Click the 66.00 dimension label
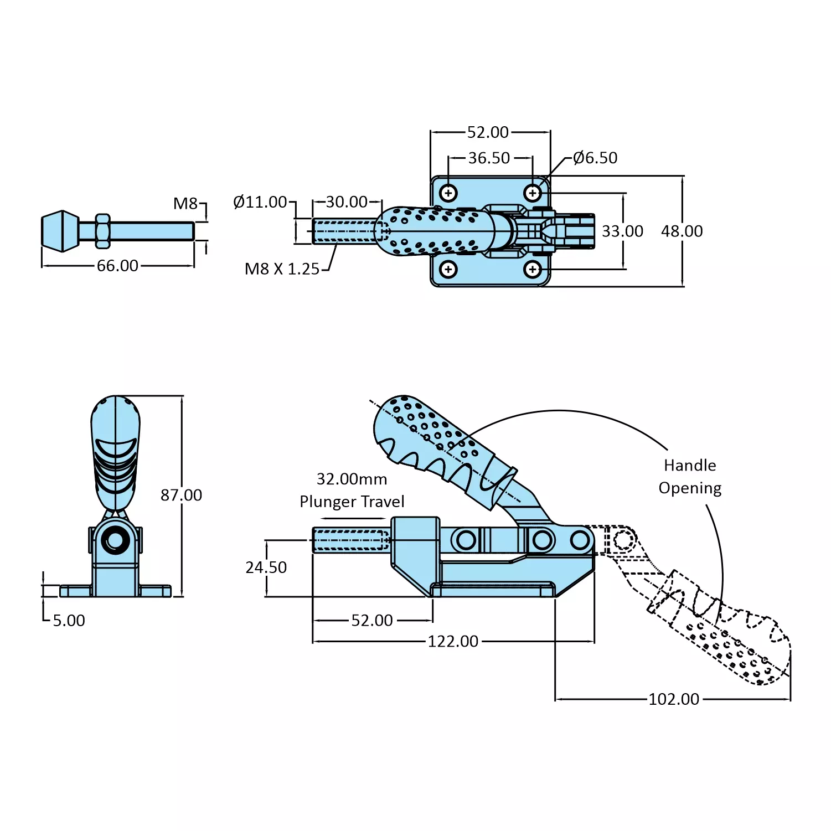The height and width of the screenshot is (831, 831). click(x=117, y=266)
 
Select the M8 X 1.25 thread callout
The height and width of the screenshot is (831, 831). click(x=282, y=269)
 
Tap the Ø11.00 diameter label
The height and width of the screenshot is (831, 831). click(x=260, y=202)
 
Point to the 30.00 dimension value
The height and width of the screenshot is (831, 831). click(x=347, y=202)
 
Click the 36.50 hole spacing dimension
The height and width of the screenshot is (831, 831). click(x=489, y=158)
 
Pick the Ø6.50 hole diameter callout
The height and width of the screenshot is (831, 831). click(x=595, y=158)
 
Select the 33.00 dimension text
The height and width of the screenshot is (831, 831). click(x=622, y=231)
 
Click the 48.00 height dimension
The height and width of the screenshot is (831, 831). click(x=682, y=231)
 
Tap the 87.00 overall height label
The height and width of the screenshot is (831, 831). click(x=181, y=495)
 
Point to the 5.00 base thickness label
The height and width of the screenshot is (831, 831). click(x=69, y=621)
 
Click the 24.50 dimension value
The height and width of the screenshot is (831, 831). click(x=266, y=567)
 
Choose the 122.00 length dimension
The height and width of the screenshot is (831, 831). click(x=453, y=642)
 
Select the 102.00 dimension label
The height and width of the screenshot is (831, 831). click(x=674, y=699)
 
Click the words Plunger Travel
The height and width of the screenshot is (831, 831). click(x=352, y=502)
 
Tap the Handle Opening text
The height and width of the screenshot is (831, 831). click(x=690, y=477)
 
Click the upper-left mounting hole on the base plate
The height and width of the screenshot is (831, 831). click(x=448, y=193)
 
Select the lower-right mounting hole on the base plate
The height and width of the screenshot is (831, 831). click(x=533, y=270)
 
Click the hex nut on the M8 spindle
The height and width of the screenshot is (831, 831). click(x=102, y=231)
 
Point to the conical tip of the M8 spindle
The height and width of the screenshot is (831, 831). click(x=60, y=231)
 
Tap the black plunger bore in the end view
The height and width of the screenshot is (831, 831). click(x=116, y=541)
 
